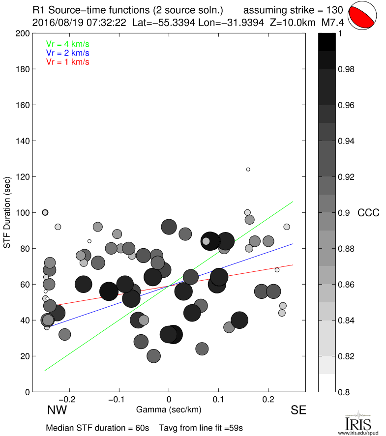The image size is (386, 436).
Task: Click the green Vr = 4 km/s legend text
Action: point(67,44)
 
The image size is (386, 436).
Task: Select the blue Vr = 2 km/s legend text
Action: point(67,53)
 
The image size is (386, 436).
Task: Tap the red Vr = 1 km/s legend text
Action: point(67,61)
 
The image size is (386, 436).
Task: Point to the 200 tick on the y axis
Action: point(23,33)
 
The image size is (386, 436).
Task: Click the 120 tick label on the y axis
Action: point(23,177)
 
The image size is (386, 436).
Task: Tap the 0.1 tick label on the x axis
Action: point(218,399)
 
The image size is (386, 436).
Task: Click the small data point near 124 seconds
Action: point(248,170)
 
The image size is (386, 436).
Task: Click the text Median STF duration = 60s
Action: point(97,428)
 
